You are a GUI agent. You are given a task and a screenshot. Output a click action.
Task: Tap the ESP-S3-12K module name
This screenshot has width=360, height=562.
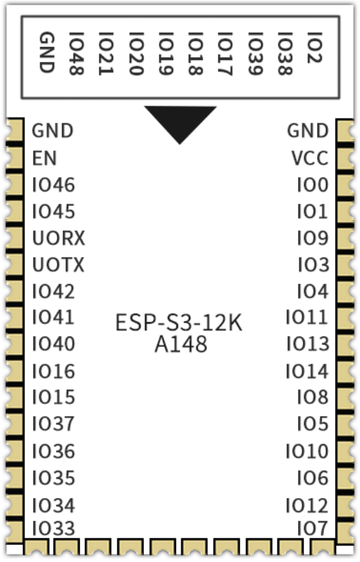(x=179, y=323)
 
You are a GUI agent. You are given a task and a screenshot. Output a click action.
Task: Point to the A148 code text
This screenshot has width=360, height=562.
(x=181, y=345)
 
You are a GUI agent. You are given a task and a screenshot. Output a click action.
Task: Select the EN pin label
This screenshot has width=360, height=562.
(x=44, y=158)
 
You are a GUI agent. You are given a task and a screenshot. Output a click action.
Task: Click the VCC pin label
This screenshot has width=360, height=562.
(x=310, y=158)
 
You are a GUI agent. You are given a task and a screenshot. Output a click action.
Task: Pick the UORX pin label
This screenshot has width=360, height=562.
(x=59, y=238)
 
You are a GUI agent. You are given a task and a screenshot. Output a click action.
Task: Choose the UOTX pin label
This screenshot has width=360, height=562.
(x=59, y=265)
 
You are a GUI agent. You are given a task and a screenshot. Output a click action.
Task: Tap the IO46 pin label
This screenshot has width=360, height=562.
(x=54, y=185)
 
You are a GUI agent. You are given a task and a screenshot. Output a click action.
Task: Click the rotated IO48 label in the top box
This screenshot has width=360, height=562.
(x=76, y=54)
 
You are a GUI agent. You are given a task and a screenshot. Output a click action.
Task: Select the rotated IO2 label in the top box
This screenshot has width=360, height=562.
(x=314, y=48)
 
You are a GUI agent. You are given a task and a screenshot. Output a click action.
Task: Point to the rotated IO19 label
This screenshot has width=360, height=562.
(x=166, y=54)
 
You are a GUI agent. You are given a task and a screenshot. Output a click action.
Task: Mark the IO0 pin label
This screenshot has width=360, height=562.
(x=313, y=185)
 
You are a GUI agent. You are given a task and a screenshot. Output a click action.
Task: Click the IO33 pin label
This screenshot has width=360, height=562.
(x=54, y=529)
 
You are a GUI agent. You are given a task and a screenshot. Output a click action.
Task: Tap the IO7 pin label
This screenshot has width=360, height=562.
(x=313, y=529)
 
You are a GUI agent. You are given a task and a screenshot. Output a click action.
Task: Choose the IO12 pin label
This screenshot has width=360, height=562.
(x=307, y=505)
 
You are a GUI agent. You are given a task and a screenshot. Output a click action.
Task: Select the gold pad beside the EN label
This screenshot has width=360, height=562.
(x=14, y=158)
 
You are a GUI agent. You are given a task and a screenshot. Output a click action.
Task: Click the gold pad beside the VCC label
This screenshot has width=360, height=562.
(x=345, y=158)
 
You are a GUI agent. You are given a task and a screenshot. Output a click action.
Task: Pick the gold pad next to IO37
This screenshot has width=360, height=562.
(x=14, y=424)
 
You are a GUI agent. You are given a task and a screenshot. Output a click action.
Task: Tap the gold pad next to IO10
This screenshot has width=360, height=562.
(x=345, y=451)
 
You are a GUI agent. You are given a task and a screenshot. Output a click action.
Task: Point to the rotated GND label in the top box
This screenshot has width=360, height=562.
(x=46, y=52)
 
